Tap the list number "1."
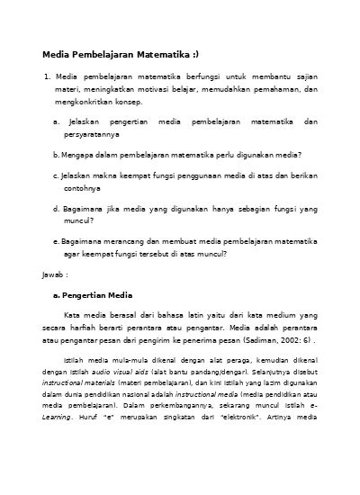48,77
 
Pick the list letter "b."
57,154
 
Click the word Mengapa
80,154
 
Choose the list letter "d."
57,208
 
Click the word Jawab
54,273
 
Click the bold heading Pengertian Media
97,294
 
